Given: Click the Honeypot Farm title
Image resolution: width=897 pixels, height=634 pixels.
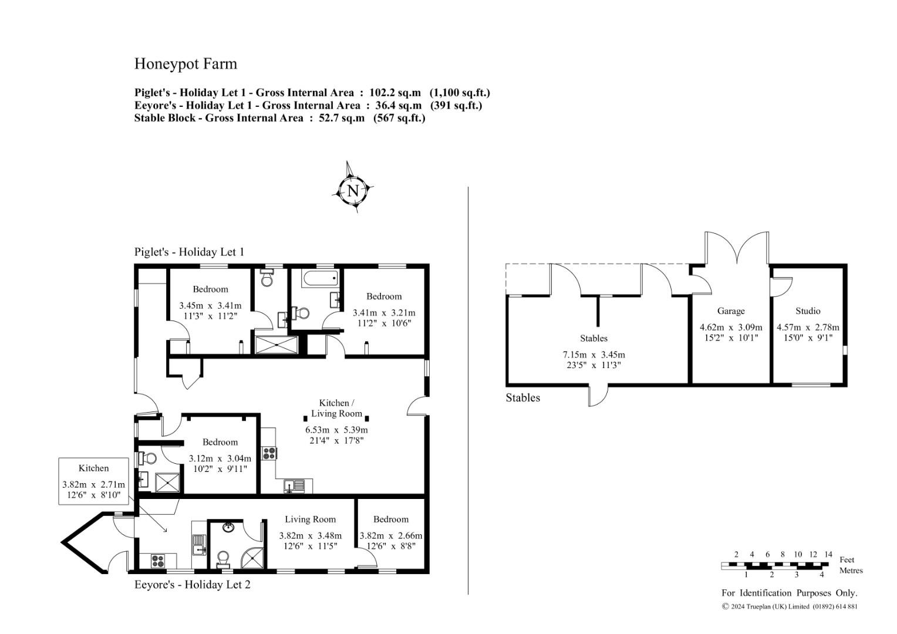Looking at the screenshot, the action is tap(186, 64).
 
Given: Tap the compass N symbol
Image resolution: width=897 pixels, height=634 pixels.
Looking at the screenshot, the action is tap(353, 191).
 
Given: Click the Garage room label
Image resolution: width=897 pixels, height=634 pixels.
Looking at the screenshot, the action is tap(731, 311).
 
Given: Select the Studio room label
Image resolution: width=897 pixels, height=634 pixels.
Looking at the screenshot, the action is tap(808, 311).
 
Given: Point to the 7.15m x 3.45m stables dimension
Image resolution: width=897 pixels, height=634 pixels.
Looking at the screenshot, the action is tap(594, 355).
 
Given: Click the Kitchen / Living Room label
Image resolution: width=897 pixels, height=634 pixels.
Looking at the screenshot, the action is tap(336, 408).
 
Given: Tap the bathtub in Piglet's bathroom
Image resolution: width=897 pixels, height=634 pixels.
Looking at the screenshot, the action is tap(320, 278).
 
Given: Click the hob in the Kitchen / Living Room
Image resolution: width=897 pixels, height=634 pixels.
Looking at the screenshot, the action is tap(269, 453).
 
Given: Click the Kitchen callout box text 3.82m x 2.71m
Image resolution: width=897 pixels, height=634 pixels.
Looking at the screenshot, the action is tap(93, 485).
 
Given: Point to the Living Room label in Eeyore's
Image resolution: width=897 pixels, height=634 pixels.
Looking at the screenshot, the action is tap(311, 520).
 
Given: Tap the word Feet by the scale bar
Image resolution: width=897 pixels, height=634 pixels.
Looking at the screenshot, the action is tap(847, 559).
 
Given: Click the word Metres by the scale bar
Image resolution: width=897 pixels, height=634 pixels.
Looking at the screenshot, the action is tap(851, 571).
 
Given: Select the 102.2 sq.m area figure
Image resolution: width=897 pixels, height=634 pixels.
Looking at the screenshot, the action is tap(395, 93).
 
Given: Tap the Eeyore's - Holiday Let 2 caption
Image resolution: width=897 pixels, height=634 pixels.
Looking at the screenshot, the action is tap(192, 585).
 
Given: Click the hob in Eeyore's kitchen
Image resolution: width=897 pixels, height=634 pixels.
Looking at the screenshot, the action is tap(159, 560).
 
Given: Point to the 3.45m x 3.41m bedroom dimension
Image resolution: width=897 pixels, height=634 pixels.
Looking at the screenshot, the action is tap(210, 306).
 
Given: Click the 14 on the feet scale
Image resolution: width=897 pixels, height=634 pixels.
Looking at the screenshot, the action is tap(828, 554).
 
